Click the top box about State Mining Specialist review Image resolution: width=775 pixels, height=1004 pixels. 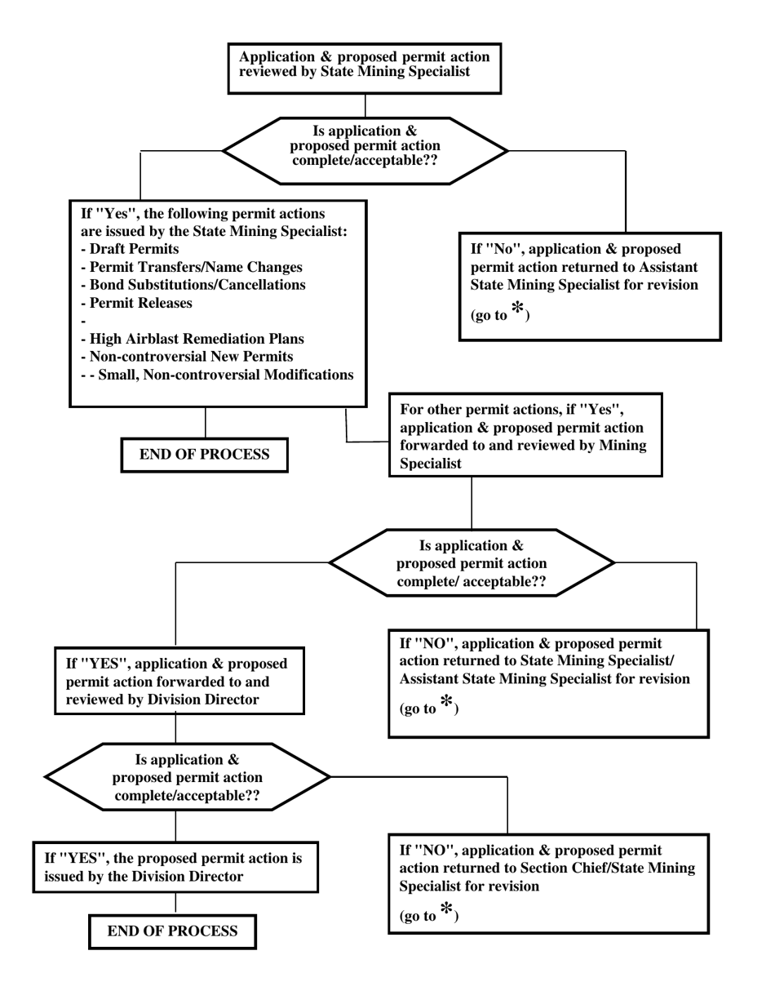[x=364, y=69]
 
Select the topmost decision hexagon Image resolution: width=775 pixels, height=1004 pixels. [x=365, y=151]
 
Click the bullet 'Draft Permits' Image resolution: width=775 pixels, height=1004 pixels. [x=131, y=249]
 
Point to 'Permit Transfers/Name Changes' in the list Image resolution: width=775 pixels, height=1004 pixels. [x=192, y=267]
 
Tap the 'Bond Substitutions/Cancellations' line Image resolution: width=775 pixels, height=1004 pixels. [x=193, y=285]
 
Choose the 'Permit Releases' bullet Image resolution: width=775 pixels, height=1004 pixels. [x=137, y=303]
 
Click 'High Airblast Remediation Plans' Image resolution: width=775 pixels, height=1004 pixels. [x=193, y=339]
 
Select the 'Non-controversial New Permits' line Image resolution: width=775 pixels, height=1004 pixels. [x=187, y=357]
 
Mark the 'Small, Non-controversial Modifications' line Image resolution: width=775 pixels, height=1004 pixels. [x=220, y=375]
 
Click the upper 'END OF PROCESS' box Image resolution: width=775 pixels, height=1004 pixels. [x=204, y=455]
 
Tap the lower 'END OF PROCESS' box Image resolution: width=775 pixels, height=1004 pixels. [x=172, y=931]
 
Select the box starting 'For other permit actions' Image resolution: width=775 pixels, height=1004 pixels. [x=525, y=435]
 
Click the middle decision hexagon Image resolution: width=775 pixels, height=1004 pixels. [x=471, y=563]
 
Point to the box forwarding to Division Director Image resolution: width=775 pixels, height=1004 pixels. [x=179, y=681]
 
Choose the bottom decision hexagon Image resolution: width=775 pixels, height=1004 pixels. [x=187, y=777]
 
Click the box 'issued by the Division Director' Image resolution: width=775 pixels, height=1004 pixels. [x=175, y=868]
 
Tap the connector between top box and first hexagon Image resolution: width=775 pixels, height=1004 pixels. [x=365, y=106]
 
